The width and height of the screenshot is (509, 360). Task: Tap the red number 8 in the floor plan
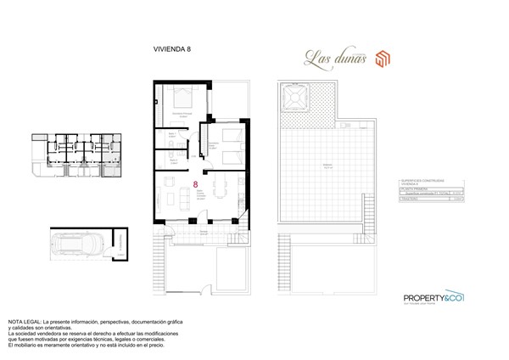(197, 183)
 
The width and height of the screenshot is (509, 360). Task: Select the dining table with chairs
(220, 188)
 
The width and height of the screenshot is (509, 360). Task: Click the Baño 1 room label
(172, 135)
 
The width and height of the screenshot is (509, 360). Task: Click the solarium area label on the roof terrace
(327, 167)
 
